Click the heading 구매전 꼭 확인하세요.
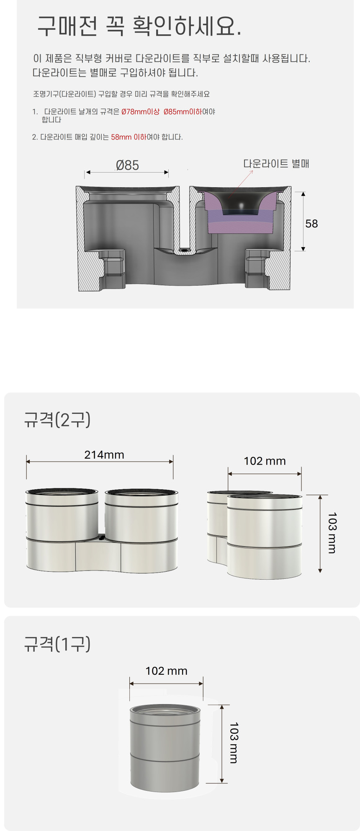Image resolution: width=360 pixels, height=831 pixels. point(139,26)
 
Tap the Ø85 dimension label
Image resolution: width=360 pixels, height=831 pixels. point(127,165)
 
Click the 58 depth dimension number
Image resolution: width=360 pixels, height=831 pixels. point(311,224)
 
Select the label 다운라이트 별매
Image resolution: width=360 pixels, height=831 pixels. point(276,163)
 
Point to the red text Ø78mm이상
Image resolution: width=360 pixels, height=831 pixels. point(141,112)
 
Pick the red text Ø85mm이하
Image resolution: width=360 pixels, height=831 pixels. point(183,112)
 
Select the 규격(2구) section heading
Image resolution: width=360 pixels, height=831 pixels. point(57,419)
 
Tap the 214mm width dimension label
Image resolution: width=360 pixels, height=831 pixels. point(104,455)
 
